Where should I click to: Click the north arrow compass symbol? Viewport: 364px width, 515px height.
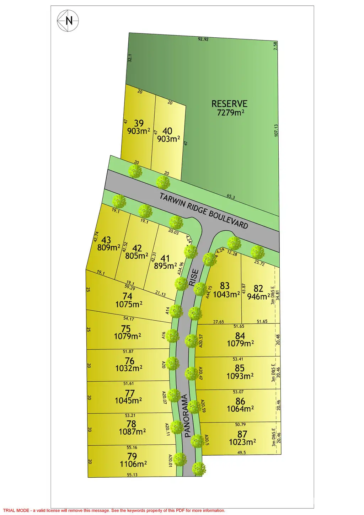click(68, 21)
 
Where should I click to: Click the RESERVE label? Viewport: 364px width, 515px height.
click(229, 104)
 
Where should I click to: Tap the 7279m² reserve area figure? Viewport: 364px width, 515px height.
click(230, 113)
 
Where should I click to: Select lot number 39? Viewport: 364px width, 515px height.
click(139, 123)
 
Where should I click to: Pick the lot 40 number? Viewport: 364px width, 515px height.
click(167, 131)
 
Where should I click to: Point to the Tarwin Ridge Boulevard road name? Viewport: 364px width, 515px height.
click(204, 211)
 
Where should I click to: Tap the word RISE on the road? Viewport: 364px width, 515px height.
click(194, 278)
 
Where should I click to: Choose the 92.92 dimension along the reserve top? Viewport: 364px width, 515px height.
click(203, 39)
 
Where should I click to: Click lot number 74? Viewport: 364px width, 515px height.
click(127, 296)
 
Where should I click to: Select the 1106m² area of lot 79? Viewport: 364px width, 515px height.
click(133, 464)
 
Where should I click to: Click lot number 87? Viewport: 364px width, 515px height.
click(242, 434)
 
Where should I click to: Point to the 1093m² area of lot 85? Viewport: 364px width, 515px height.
click(240, 376)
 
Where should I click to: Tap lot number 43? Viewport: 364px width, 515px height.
click(106, 240)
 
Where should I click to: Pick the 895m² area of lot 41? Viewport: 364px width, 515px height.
click(165, 266)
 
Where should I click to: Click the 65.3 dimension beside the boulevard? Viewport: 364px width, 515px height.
click(231, 197)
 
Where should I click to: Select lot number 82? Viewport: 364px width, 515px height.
click(258, 288)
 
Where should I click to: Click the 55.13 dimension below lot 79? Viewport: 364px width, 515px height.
click(132, 475)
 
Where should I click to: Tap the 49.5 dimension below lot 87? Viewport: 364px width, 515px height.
click(242, 452)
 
